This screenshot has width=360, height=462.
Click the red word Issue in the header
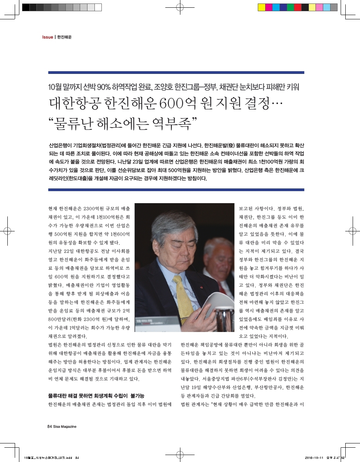(47, 37)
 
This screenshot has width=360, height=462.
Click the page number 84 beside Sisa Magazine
(49, 426)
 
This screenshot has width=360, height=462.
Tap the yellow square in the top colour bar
(262, 7)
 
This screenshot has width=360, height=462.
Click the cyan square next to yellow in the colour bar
(276, 7)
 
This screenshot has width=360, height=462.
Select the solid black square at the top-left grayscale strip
(26, 7)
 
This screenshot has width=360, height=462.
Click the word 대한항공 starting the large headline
(73, 103)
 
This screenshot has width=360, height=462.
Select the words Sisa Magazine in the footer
(65, 426)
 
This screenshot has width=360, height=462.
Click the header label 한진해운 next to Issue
(65, 37)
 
